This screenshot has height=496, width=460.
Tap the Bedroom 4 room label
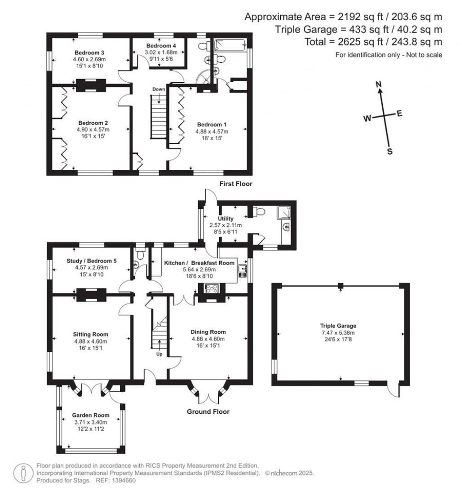pyautogui.click(x=161, y=46)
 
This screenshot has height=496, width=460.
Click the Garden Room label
pyautogui.click(x=90, y=416)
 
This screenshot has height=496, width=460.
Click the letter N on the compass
pyautogui.click(x=379, y=84)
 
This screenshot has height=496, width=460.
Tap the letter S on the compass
pyautogui.click(x=389, y=151)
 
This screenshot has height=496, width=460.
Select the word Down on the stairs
pyautogui.click(x=158, y=89)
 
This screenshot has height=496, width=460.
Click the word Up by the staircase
pyautogui.click(x=159, y=354)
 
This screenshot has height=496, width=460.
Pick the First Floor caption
pyautogui.click(x=235, y=184)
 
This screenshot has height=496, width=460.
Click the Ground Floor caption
pyautogui.click(x=208, y=412)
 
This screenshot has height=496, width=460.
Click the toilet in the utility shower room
pyautogui.click(x=259, y=212)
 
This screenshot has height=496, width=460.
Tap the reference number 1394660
pyautogui.click(x=123, y=480)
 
